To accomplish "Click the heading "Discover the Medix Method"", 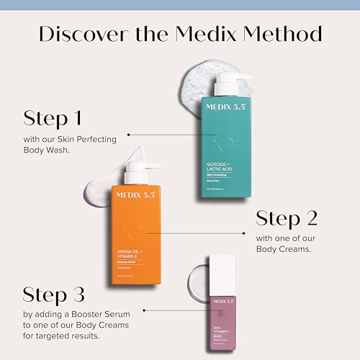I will tap(180, 34).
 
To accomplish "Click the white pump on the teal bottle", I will tap(229, 81).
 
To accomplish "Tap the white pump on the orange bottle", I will tap(138, 172).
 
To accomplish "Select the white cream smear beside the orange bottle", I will tap(101, 184).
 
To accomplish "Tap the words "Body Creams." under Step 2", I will tap(282, 248).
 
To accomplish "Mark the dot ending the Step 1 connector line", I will tap(128, 135).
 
